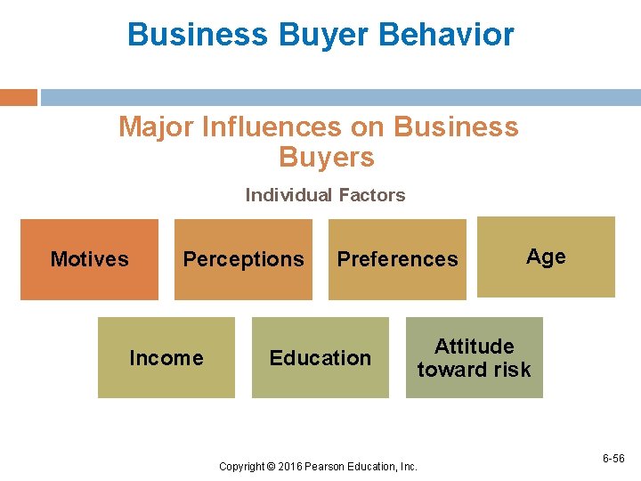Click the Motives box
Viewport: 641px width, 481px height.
(89, 259)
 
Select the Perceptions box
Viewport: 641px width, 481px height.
(243, 259)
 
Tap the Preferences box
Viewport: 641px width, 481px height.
(397, 259)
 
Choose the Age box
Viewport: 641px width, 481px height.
(546, 257)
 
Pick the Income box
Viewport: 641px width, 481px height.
(166, 358)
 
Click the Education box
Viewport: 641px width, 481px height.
(320, 358)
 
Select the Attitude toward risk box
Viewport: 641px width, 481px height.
(475, 358)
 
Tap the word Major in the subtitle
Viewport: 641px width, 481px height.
(157, 127)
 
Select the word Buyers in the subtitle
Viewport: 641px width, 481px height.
(326, 158)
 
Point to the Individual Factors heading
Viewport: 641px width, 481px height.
(325, 195)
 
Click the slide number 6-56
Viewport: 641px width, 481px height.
(613, 459)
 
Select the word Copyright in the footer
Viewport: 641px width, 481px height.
(240, 467)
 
